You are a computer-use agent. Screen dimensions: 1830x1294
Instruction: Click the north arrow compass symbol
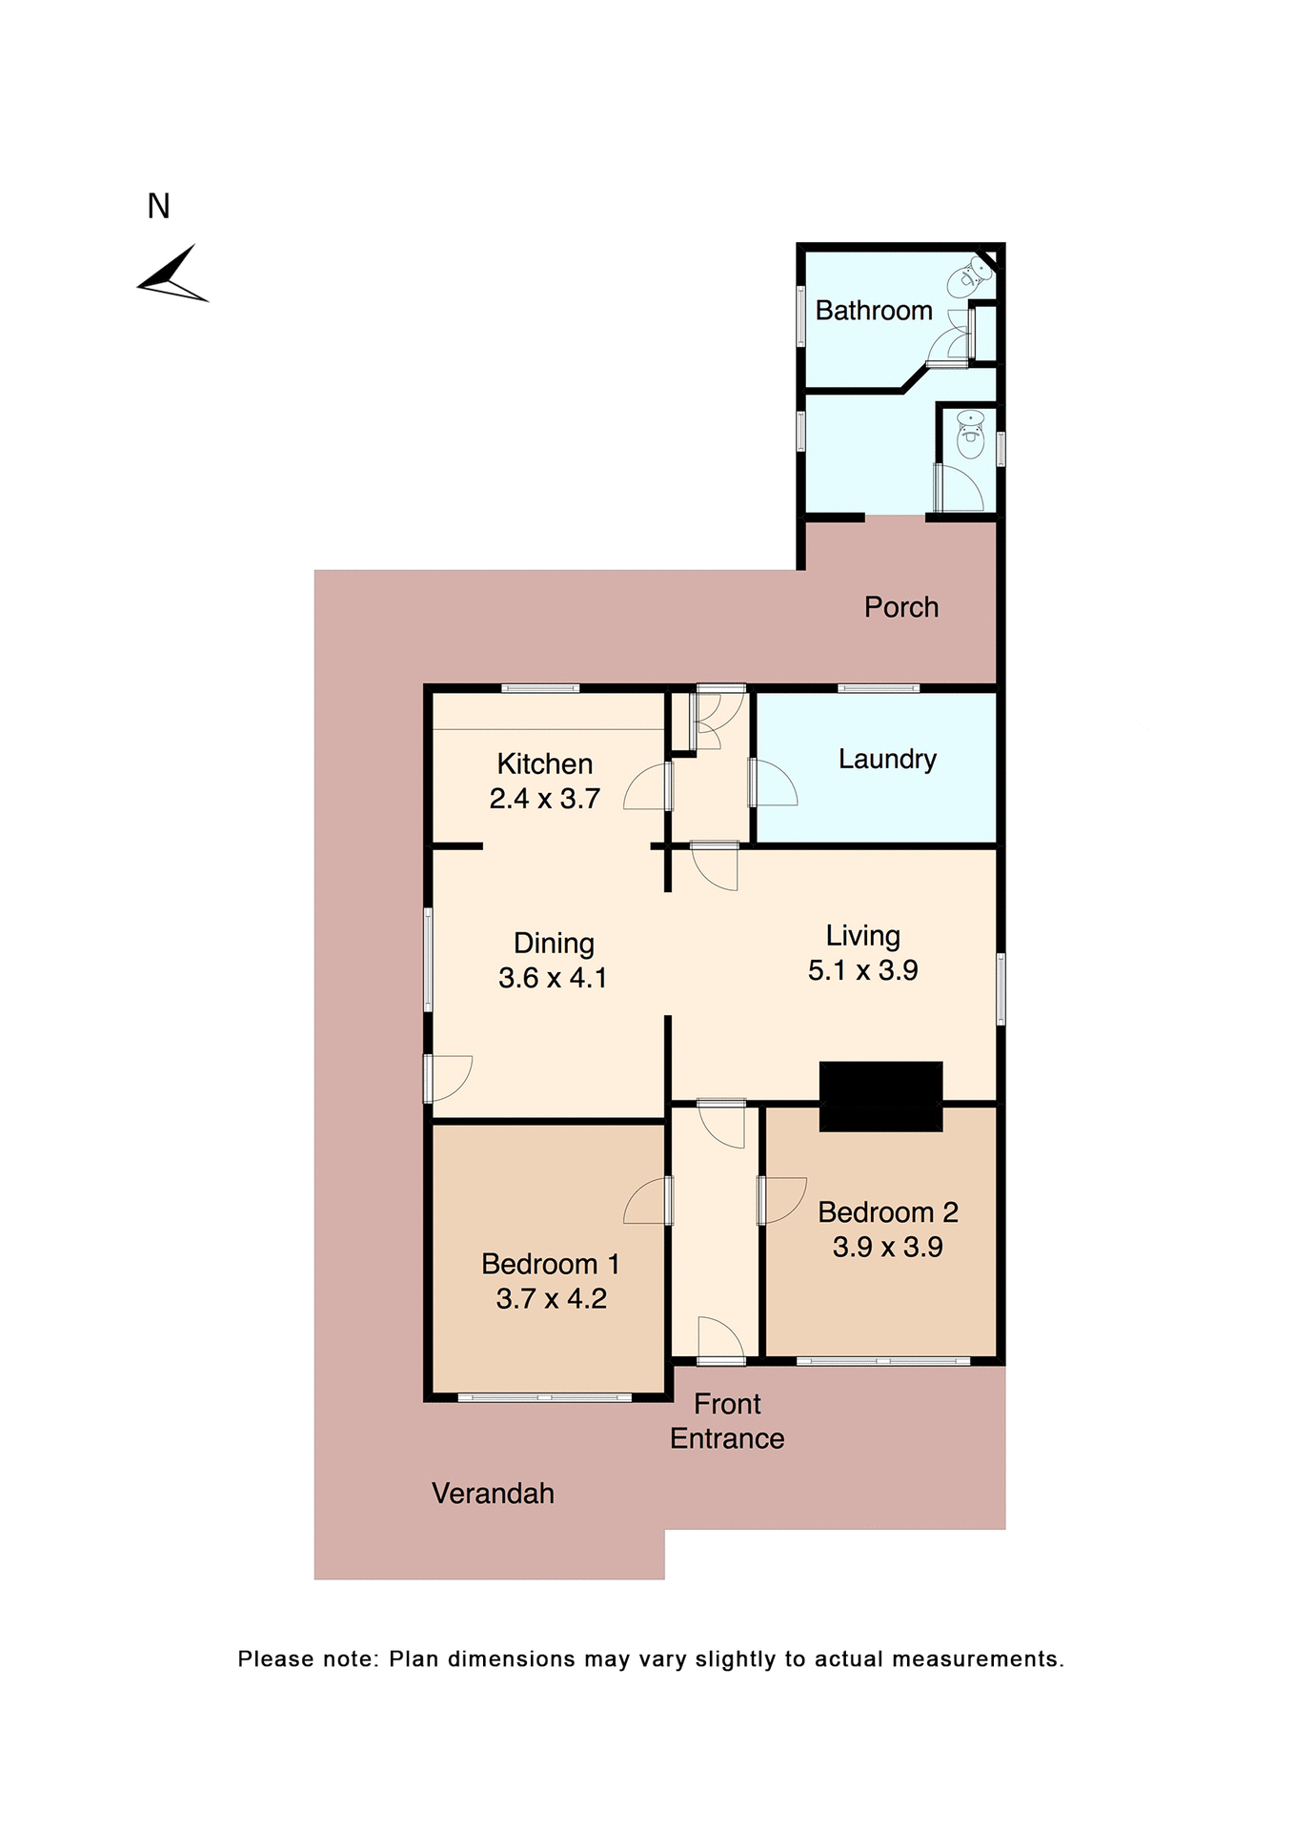[x=173, y=276]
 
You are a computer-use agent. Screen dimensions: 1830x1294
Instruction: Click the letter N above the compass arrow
[x=158, y=206]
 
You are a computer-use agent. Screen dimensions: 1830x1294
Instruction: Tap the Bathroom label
[x=873, y=311]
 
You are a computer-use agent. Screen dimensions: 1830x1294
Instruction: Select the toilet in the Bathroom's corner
[x=968, y=277]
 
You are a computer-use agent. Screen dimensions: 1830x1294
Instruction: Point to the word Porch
[x=900, y=607]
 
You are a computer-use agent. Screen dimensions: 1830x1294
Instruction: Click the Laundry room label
[x=886, y=759]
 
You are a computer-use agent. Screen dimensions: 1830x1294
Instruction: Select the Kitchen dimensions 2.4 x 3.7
[x=544, y=799]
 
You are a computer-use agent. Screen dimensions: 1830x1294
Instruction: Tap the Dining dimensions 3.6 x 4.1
[x=553, y=978]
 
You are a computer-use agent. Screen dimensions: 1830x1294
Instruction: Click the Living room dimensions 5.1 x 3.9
[x=862, y=970]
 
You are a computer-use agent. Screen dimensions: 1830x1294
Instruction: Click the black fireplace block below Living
[x=880, y=1096]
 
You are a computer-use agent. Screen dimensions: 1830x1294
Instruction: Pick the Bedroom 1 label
[x=550, y=1264]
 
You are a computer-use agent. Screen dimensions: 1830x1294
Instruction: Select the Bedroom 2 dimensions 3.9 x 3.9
[x=887, y=1247]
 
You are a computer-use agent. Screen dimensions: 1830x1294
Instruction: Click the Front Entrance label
[x=726, y=1421]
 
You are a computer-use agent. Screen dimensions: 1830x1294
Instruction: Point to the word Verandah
[x=493, y=1494]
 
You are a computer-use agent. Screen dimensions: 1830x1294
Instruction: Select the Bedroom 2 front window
[x=882, y=1361]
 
